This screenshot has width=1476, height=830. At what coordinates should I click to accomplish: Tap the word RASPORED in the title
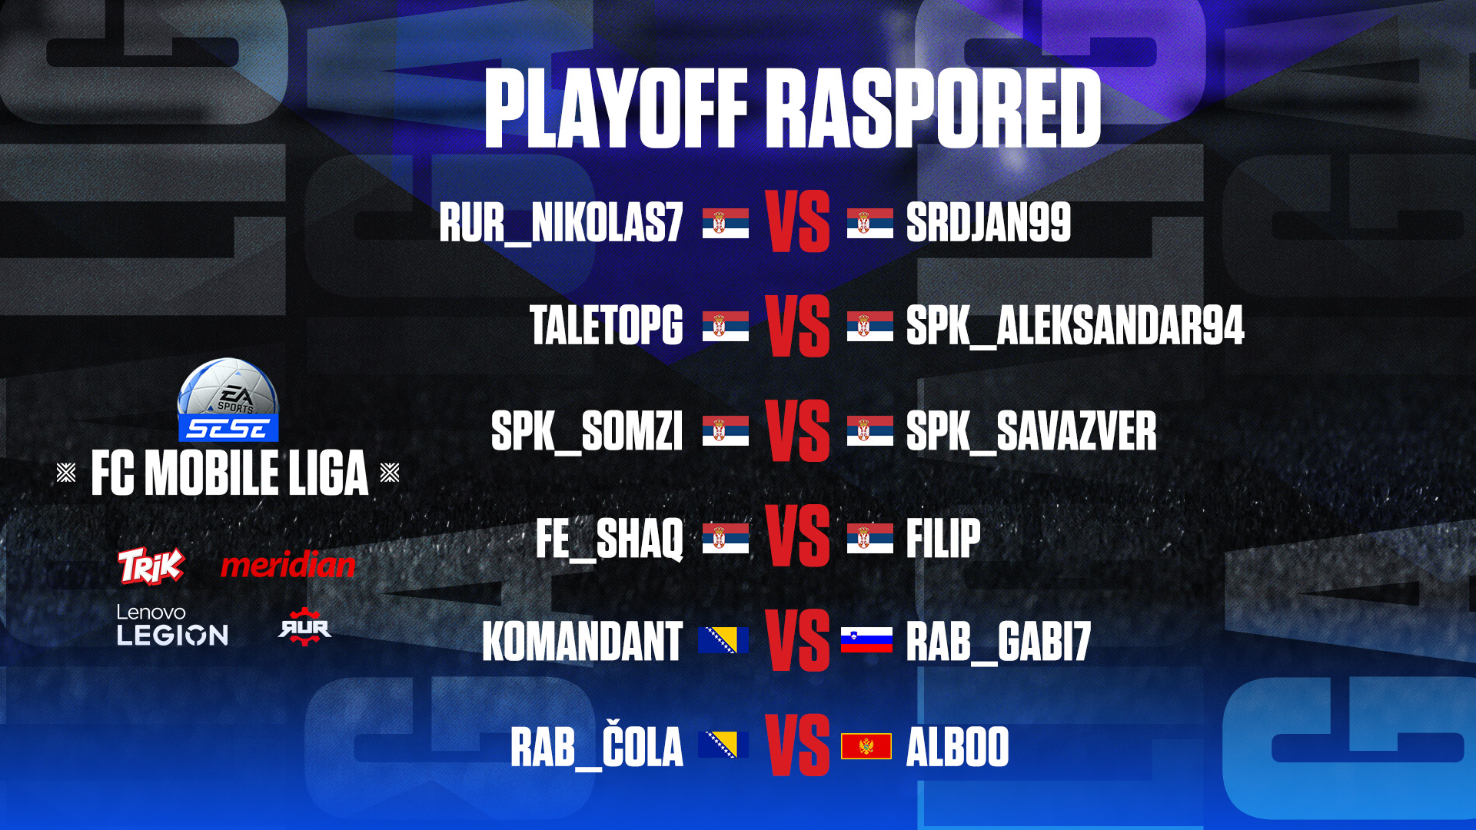(x=936, y=108)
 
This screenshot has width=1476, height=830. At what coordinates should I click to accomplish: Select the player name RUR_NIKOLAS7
(x=561, y=223)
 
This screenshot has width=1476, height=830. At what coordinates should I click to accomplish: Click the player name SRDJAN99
(x=989, y=222)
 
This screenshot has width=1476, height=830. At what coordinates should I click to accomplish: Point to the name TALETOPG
(x=607, y=325)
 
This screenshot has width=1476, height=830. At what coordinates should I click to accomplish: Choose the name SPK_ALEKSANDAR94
(x=1075, y=326)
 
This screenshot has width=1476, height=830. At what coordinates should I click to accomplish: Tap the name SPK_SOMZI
(x=587, y=431)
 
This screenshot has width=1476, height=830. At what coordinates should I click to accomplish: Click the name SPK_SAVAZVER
(x=1031, y=431)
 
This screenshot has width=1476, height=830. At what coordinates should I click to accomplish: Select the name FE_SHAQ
(x=610, y=539)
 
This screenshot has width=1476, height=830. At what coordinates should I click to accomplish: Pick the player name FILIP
(x=943, y=538)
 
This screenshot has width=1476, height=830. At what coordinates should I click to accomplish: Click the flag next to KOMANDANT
(x=723, y=640)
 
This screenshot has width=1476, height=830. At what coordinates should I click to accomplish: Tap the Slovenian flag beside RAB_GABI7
(x=866, y=640)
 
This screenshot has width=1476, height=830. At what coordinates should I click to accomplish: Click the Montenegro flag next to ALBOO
(x=866, y=746)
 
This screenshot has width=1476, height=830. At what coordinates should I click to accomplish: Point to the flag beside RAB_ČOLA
(x=723, y=745)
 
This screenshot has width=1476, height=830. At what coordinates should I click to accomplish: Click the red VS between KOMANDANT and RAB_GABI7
(x=798, y=641)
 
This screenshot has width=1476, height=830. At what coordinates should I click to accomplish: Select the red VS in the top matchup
(x=798, y=222)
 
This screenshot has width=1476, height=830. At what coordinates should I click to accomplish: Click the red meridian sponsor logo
(x=288, y=565)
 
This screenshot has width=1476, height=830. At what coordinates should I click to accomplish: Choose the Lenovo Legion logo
(x=172, y=625)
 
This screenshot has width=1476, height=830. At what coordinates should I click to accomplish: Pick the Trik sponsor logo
(x=151, y=566)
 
